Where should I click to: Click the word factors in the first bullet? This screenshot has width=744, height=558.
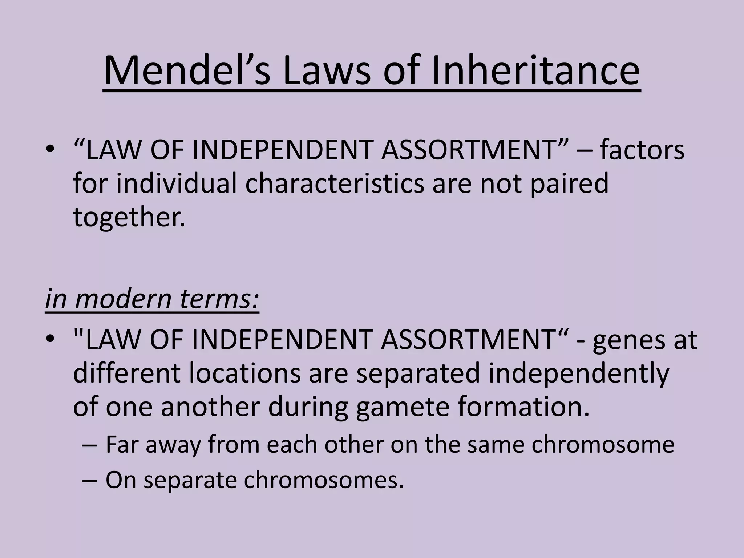tap(642, 150)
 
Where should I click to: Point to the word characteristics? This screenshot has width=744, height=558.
tap(335, 183)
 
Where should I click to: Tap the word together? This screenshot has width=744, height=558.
tap(129, 217)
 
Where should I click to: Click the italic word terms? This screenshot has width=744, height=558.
tap(219, 299)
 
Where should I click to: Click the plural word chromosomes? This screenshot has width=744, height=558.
tap(324, 480)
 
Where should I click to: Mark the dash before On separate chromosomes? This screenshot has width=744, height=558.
tap(89, 480)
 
